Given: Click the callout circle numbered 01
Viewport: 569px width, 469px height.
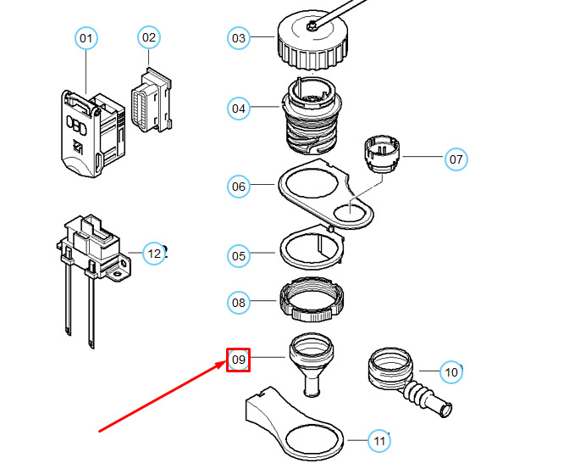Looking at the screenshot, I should click(x=86, y=39).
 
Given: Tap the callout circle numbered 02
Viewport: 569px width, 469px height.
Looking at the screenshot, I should click(x=149, y=37).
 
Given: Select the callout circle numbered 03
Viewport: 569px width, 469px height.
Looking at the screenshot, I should click(x=239, y=38).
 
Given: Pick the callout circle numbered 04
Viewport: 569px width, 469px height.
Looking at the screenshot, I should click(x=239, y=109).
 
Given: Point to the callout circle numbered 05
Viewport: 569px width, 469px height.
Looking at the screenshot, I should click(x=239, y=255).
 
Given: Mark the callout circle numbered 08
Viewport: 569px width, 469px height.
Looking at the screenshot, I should click(x=239, y=301).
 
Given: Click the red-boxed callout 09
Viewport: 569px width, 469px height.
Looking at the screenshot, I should click(x=239, y=360).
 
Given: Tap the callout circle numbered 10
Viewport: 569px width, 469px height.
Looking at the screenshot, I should click(x=451, y=371).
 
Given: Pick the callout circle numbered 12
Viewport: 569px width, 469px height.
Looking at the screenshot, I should click(x=153, y=253).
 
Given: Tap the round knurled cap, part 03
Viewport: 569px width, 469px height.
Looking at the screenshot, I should click(x=312, y=42).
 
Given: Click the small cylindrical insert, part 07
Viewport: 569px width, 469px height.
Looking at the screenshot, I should click(x=380, y=153).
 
